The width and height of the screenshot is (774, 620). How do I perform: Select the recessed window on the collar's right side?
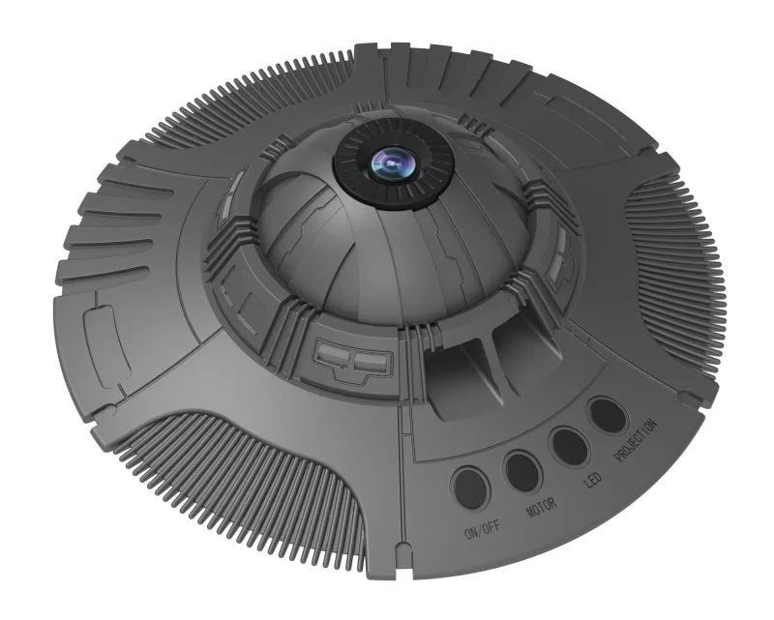click(560, 261)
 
